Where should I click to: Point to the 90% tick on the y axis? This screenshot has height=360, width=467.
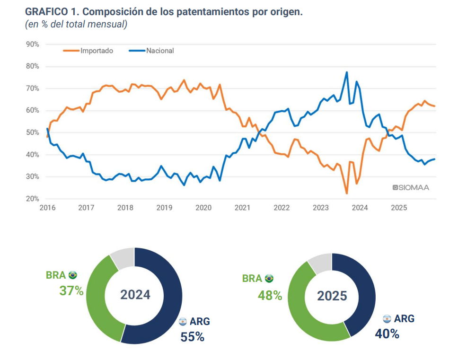point(32,44)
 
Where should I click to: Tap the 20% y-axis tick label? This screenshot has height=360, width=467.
point(32,199)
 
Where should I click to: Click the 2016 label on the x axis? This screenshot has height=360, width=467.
point(47,208)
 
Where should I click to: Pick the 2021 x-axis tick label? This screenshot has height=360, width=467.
point(242,208)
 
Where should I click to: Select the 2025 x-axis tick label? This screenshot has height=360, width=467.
point(399,208)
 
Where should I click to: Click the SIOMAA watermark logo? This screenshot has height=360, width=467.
point(411,188)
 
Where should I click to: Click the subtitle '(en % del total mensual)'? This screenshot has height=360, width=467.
point(76,24)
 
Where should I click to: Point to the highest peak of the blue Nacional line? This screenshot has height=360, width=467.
point(347,72)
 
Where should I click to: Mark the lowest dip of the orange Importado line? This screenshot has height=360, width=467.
point(347,193)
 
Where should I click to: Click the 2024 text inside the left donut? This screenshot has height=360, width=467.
point(135,295)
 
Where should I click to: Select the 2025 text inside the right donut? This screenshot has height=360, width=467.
point(332,296)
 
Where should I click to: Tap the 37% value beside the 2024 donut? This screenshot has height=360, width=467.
point(71,290)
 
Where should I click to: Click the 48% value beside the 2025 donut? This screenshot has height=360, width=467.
point(270,296)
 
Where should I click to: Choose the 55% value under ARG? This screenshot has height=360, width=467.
point(192,337)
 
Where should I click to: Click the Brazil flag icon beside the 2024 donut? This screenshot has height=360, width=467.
point(72,275)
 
